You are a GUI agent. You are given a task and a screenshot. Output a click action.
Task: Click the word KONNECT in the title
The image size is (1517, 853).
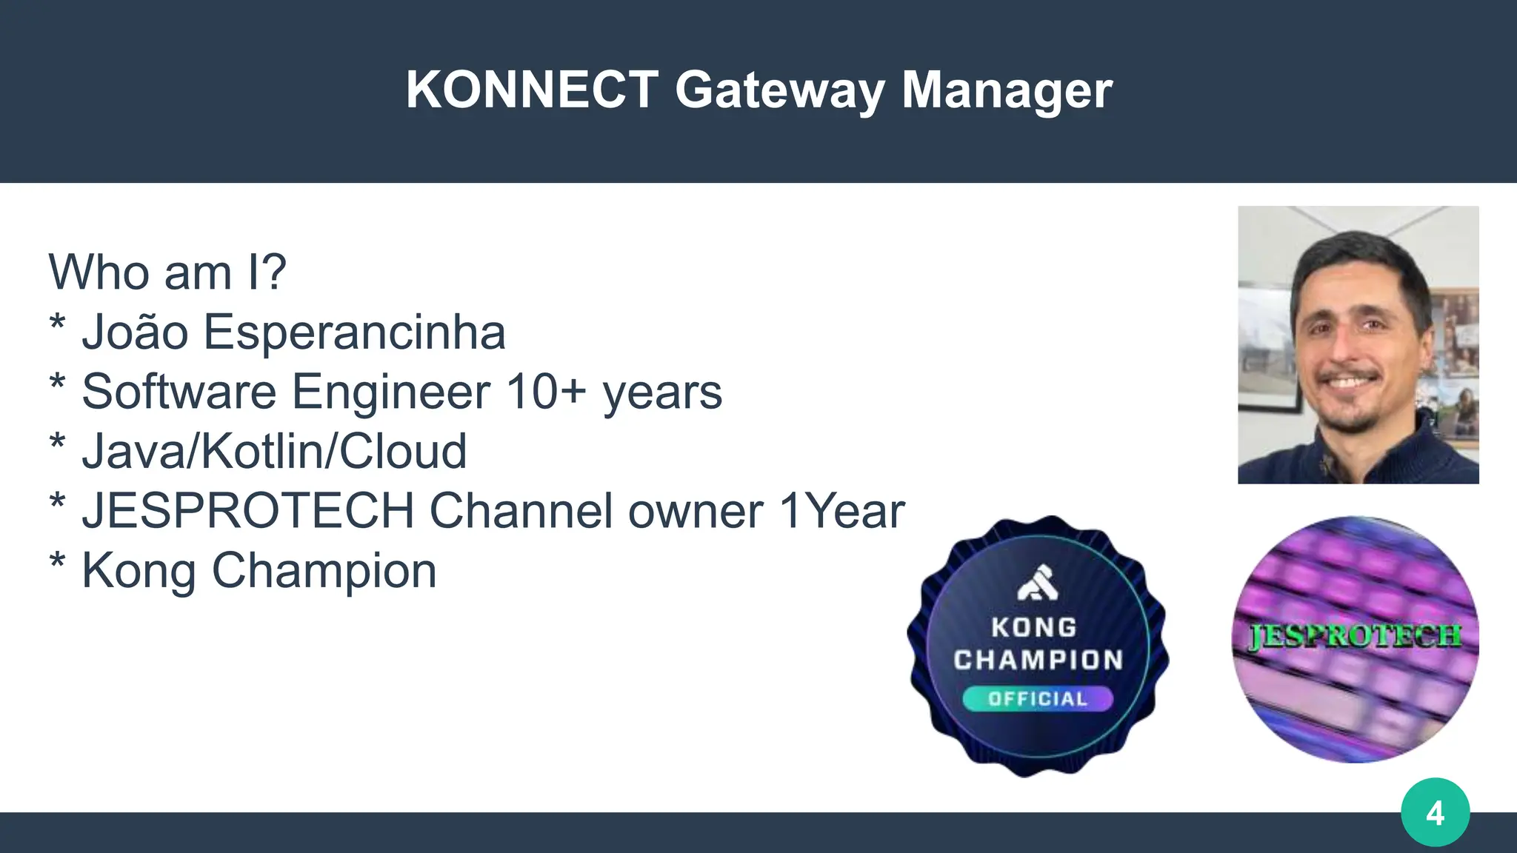531,90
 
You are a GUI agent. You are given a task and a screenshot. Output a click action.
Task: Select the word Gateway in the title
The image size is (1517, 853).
779,91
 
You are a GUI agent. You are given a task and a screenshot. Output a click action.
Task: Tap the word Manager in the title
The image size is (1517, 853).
1007,91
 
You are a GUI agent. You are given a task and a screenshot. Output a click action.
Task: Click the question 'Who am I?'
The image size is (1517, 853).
167,272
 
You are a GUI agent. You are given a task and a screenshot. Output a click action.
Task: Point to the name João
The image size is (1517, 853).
135,331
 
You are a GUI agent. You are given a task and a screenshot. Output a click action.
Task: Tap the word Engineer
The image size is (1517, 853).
390,392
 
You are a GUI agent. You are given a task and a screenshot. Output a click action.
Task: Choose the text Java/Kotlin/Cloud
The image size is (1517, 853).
274,451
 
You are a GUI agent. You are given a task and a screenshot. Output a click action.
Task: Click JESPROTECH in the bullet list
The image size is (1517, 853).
247,511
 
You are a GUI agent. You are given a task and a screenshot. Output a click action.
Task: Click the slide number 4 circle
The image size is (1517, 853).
1435,812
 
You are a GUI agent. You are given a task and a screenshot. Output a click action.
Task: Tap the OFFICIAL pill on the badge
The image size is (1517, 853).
1037,698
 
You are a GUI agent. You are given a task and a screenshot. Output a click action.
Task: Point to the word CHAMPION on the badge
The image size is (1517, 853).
1038,660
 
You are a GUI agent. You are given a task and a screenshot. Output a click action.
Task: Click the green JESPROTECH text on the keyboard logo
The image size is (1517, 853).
1355,636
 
